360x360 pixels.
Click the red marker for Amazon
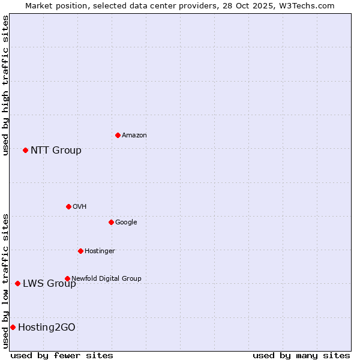click(118, 135)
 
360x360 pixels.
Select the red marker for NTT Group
click(25, 150)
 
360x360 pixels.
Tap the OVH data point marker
click(68, 206)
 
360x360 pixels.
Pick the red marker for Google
click(111, 222)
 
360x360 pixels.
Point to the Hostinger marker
click(80, 251)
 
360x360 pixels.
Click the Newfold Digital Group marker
click(67, 278)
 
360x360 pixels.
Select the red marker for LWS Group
click(17, 283)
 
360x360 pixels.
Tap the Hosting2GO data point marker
click(13, 327)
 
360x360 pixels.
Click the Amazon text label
click(134, 136)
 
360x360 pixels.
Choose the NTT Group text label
click(56, 151)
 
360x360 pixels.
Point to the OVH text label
click(80, 207)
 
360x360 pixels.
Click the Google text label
click(126, 223)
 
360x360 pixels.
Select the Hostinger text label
click(100, 251)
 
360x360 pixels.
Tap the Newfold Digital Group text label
click(106, 278)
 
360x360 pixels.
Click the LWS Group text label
click(49, 284)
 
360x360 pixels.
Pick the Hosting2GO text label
click(47, 328)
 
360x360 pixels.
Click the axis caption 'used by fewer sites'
click(62, 355)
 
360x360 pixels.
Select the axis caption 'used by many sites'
click(301, 355)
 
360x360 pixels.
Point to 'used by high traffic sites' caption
click(5, 85)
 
